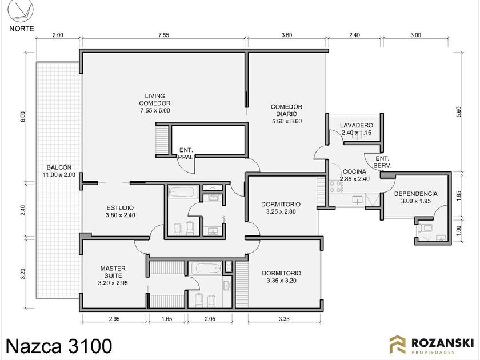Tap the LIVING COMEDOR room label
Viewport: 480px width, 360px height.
[x=155, y=103]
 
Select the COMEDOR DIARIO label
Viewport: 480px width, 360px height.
[x=286, y=114]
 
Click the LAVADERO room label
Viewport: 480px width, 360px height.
[x=357, y=129]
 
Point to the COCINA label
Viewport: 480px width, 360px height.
[x=354, y=175]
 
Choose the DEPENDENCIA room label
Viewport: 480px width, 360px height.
[x=416, y=198]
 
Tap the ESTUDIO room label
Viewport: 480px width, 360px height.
[x=121, y=211]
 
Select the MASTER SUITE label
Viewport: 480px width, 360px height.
[x=113, y=275]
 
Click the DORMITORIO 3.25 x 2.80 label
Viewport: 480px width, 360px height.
[x=281, y=207]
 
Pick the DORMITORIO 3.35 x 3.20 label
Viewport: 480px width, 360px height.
[x=281, y=277]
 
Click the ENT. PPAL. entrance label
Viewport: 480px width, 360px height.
[x=186, y=153]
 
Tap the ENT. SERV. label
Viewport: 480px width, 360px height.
[x=382, y=162]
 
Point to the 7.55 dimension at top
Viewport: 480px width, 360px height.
[x=164, y=35]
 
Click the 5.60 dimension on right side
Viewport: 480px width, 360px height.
[x=458, y=112]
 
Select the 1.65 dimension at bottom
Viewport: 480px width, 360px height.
[x=166, y=319]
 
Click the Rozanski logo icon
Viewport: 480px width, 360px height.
[x=397, y=345]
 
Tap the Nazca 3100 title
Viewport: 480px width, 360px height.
[x=59, y=346]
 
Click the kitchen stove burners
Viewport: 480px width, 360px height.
[x=335, y=187]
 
